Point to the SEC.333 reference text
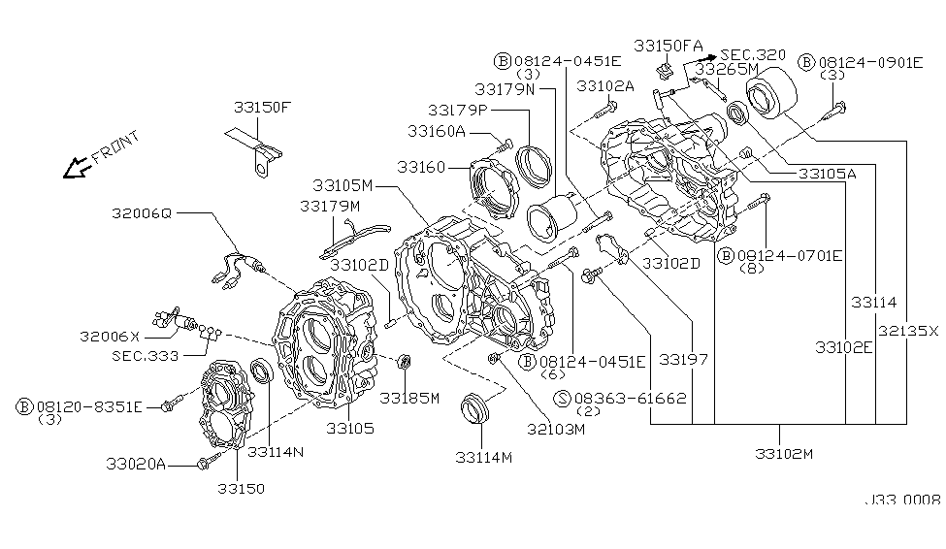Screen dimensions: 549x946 [144, 356]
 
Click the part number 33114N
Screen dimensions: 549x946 [275, 451]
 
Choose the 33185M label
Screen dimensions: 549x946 [409, 398]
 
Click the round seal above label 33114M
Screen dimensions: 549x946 [475, 406]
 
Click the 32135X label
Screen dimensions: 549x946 [908, 330]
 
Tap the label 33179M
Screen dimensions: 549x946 [329, 206]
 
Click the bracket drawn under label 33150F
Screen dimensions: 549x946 [257, 155]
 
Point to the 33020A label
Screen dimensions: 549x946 [136, 466]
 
